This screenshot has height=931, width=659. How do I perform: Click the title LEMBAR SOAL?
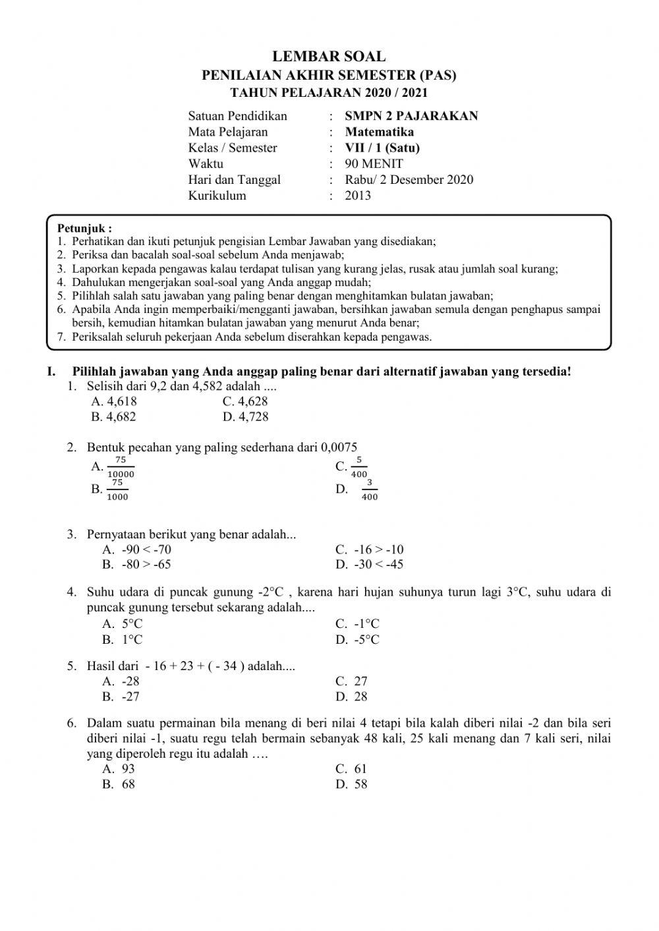[329, 57]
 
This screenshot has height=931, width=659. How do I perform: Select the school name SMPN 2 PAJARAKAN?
[411, 116]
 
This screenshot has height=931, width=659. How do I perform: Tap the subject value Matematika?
[380, 132]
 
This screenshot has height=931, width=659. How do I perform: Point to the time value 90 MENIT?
[374, 163]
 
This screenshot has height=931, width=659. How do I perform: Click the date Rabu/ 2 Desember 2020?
[409, 179]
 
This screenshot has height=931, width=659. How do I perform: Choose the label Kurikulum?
[217, 195]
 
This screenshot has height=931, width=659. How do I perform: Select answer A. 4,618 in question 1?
[114, 401]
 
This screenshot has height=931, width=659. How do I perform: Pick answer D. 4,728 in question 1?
[245, 416]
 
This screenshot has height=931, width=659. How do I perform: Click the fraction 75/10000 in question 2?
[121, 467]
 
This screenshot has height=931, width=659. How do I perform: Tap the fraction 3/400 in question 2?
[370, 490]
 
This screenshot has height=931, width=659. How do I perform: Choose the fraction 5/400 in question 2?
[359, 467]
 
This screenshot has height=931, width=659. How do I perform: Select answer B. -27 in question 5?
[121, 696]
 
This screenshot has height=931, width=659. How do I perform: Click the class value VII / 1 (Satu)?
[382, 148]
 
